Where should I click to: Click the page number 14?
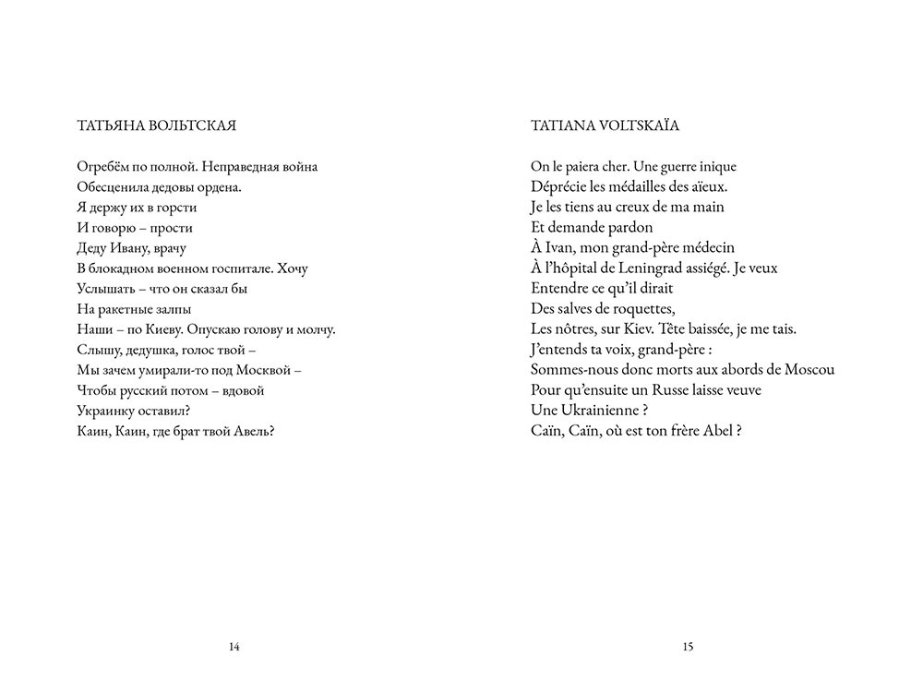234,648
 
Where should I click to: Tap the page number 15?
688,648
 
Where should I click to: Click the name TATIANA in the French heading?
564,125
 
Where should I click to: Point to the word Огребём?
100,167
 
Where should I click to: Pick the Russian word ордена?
220,187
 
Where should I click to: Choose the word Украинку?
102,411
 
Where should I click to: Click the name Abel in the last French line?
718,431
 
